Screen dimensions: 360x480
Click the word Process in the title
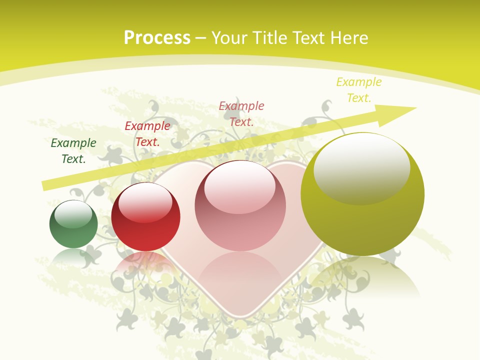[x=157, y=38]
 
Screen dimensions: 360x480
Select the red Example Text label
[x=147, y=134]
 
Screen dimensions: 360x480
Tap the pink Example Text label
[x=241, y=113]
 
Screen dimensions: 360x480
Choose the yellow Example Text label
[x=359, y=90]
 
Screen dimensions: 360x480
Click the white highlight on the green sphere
[x=73, y=214]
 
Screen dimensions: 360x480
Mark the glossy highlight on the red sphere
[x=145, y=202]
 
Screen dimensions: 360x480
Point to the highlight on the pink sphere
[x=239, y=187]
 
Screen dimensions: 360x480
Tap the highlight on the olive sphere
[x=361, y=166]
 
